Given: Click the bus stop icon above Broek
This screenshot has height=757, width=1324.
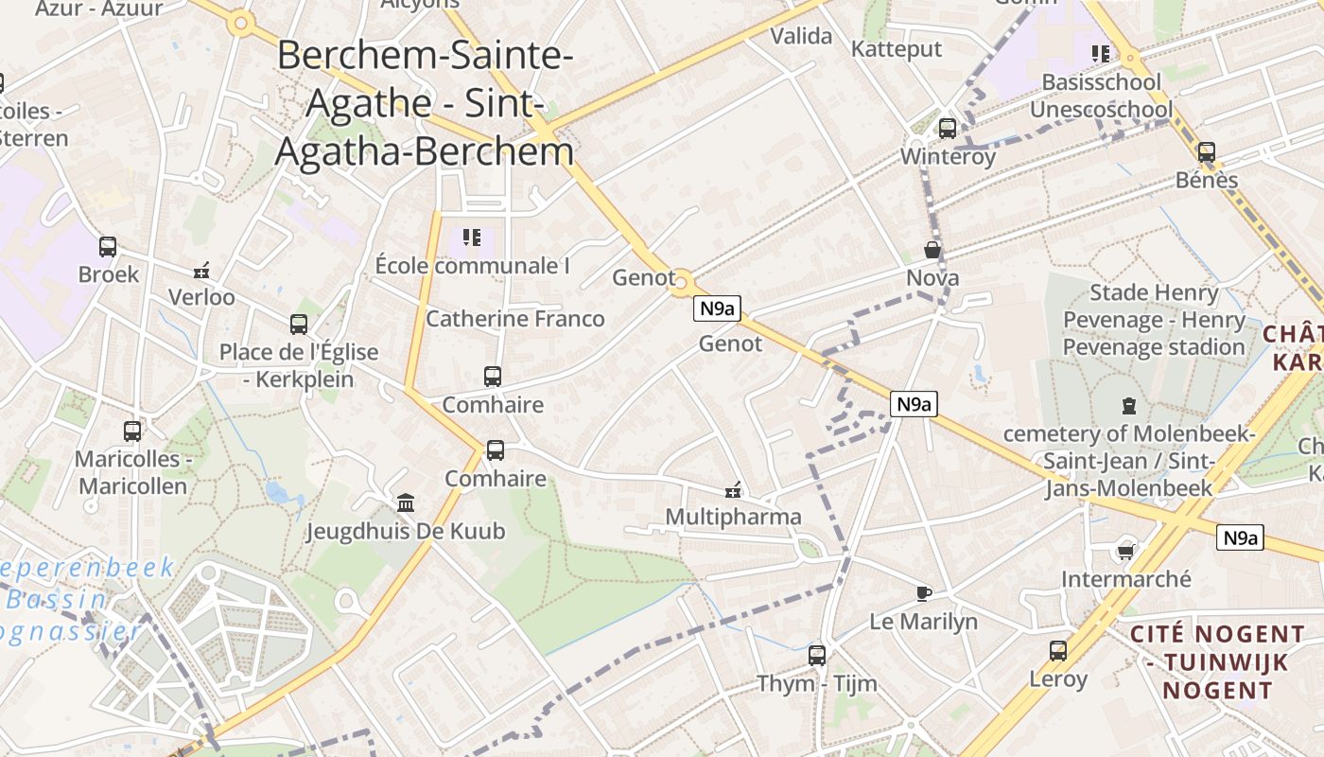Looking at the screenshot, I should (108, 247).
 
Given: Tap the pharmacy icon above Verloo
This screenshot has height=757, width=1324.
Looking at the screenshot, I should (200, 271).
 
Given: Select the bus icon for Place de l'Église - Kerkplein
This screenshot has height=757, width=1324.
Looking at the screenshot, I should (299, 325).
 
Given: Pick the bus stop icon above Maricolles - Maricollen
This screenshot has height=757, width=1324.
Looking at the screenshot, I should (132, 431).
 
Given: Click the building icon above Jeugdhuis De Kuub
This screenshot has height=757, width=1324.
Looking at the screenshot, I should (406, 502).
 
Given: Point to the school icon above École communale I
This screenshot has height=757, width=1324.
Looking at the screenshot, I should (472, 238).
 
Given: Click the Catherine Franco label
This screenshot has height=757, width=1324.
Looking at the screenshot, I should (514, 319).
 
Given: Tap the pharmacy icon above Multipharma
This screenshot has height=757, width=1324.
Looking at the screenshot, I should (732, 490).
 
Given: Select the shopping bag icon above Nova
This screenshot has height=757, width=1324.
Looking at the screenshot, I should (932, 251).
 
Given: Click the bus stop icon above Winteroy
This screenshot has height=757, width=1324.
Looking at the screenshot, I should (948, 129).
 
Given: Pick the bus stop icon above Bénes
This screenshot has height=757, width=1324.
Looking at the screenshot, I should (1207, 152).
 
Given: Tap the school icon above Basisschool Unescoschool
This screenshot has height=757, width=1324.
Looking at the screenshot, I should (1100, 54).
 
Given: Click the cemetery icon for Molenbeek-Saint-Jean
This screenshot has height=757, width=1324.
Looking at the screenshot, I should (1128, 407).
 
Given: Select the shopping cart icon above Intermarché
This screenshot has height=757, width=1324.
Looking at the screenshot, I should (1125, 552).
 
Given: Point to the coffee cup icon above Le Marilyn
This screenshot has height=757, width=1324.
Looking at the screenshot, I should (924, 594).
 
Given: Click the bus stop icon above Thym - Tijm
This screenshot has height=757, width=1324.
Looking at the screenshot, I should (817, 655).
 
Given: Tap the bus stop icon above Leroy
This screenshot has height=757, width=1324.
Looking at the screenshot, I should (1058, 651).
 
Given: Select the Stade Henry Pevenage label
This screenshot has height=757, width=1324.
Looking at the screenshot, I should (1153, 320).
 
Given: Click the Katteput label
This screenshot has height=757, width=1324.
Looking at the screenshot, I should (897, 49).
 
